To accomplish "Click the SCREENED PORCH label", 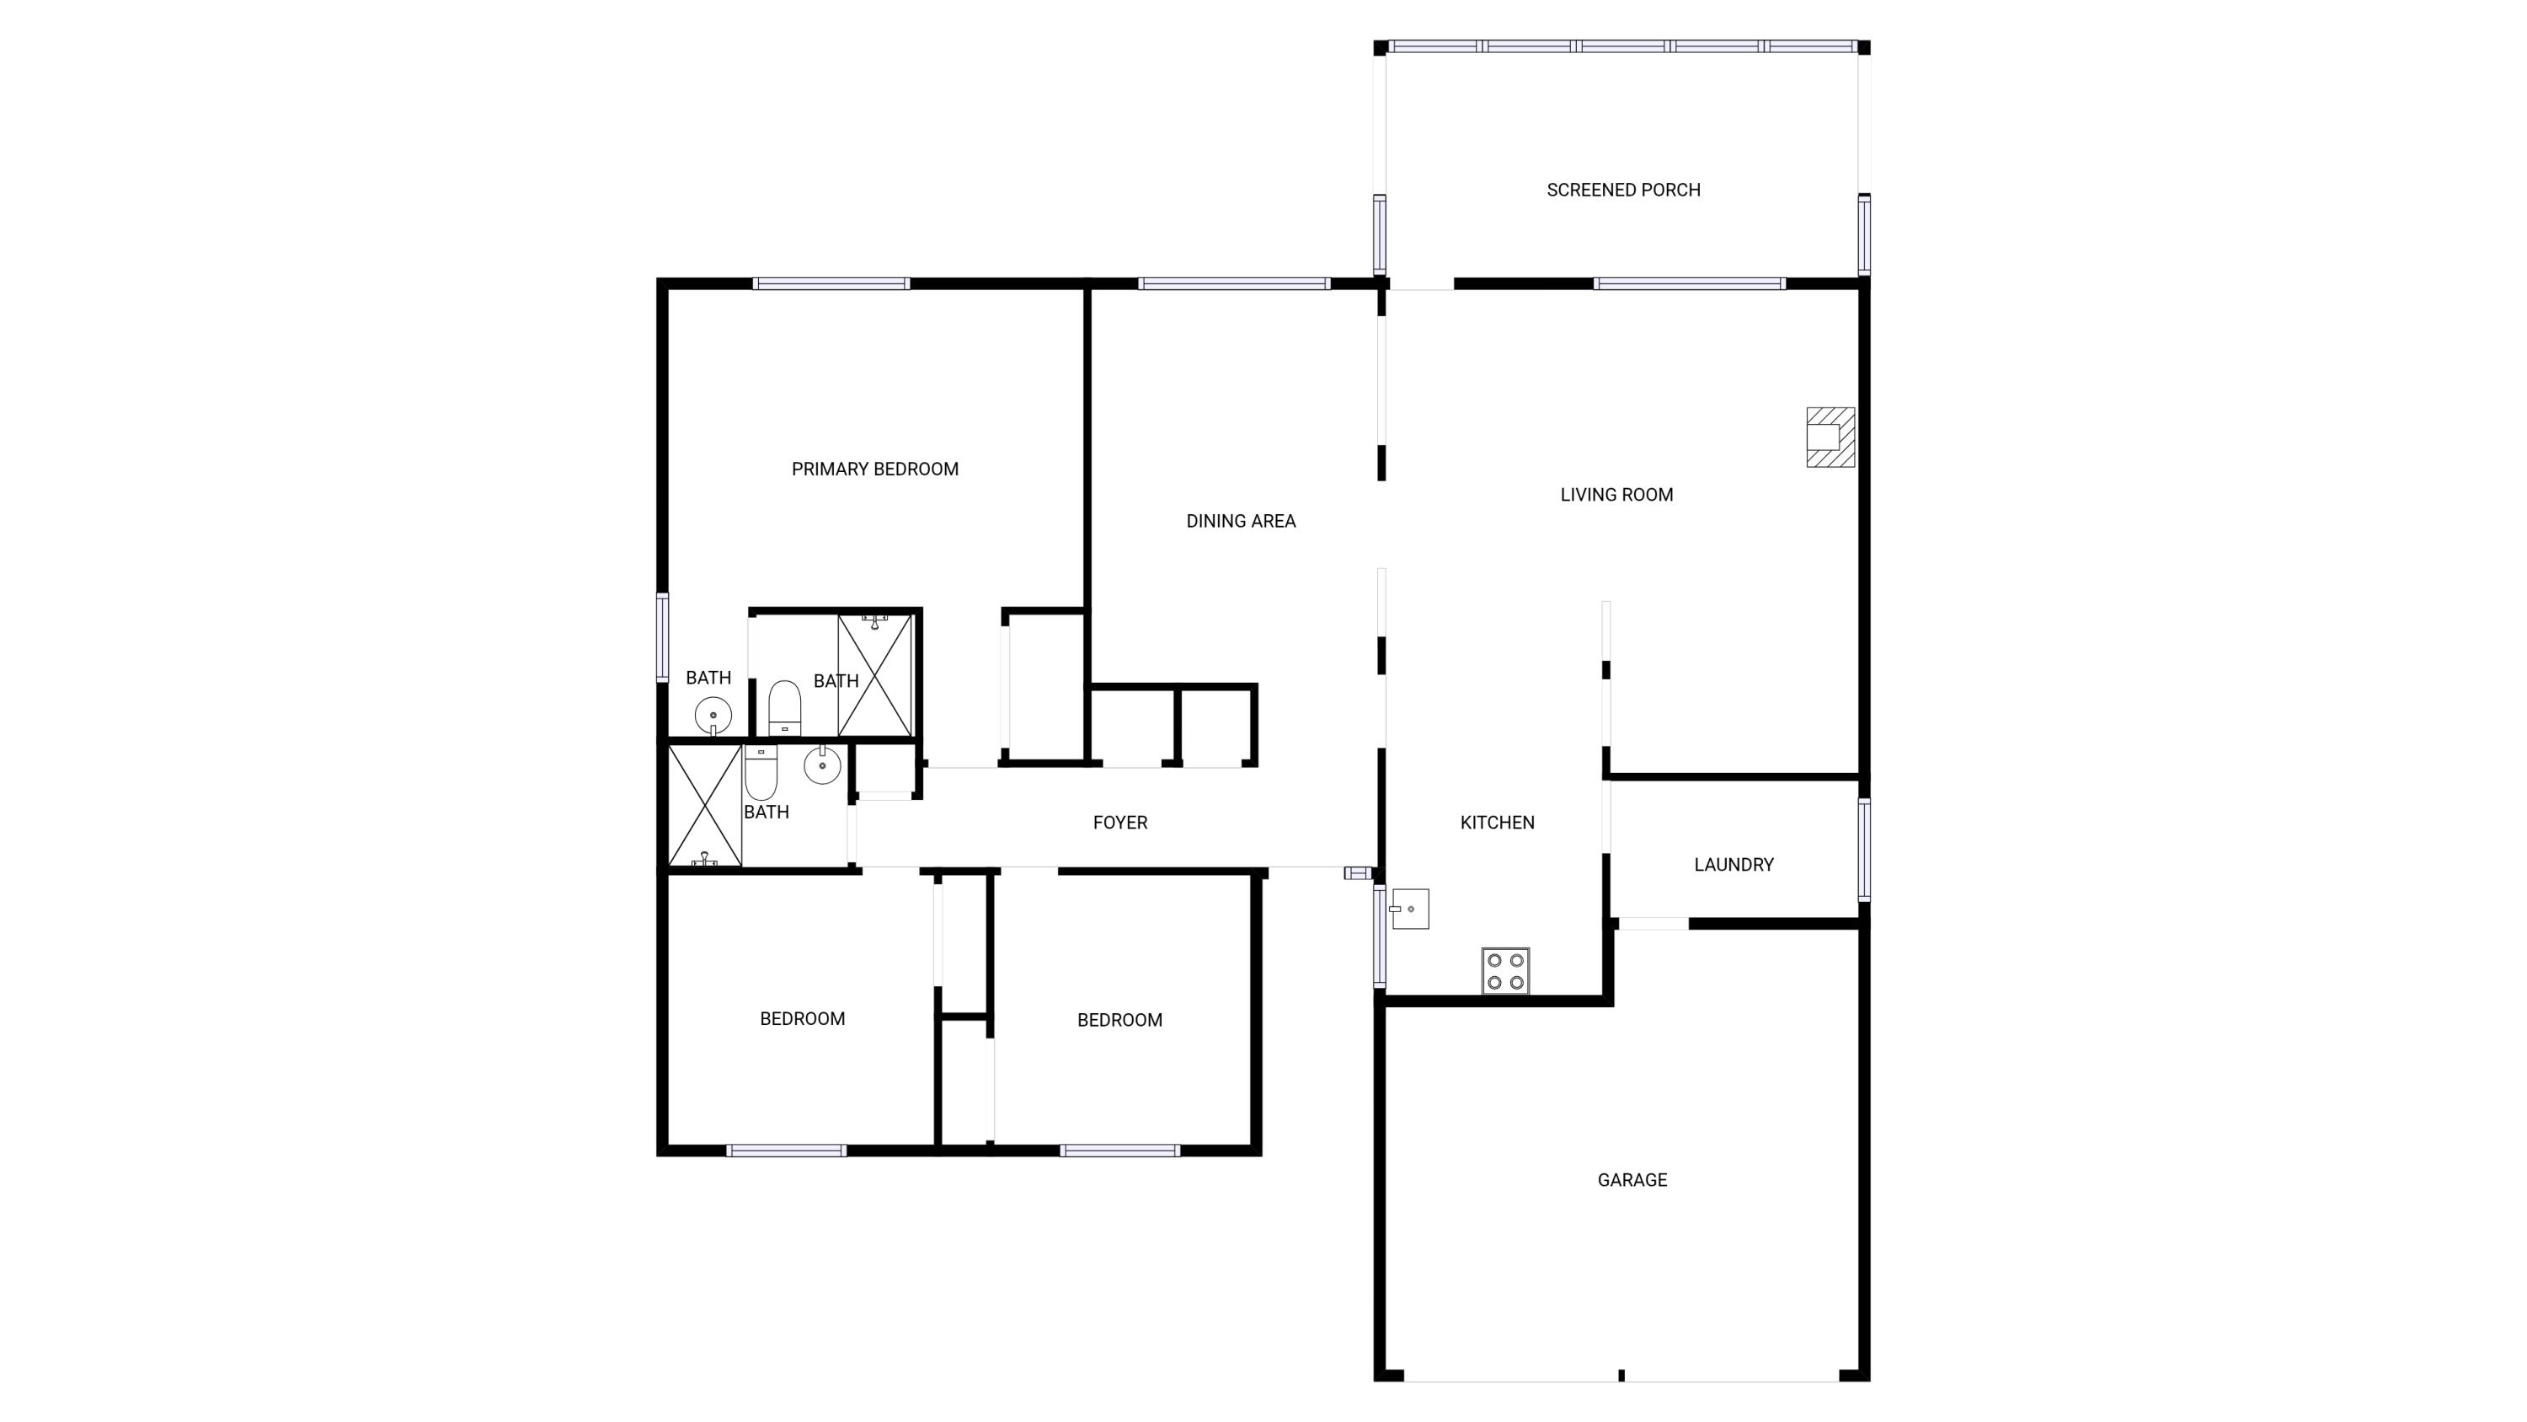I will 1623,190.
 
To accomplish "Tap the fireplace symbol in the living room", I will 1830,437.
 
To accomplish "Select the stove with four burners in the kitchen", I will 1504,970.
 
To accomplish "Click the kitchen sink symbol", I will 1410,909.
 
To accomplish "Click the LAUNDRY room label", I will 1734,865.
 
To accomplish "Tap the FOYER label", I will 1119,823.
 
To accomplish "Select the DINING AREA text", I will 1240,521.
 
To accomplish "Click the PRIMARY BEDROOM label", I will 874,470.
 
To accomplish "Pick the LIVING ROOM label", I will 1616,495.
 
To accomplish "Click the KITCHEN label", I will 1497,823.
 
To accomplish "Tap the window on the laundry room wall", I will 1864,849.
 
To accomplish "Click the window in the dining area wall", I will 1233,283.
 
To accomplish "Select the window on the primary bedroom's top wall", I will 831,283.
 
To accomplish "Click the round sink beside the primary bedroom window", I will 713,716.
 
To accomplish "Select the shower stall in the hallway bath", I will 704,806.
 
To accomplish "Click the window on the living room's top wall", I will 1688,283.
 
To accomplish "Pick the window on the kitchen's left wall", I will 1379,936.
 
